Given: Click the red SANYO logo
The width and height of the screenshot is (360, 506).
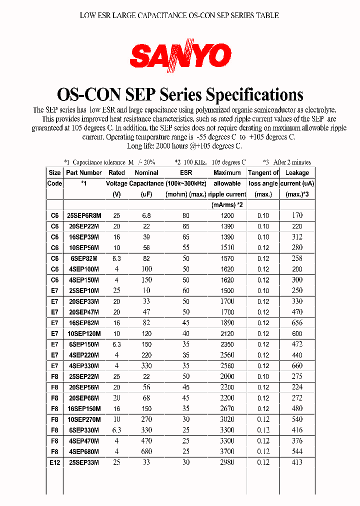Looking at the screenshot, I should point(181,55).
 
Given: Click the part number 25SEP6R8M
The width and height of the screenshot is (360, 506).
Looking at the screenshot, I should point(83,215).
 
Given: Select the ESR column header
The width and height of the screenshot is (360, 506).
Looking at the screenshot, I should point(186,172).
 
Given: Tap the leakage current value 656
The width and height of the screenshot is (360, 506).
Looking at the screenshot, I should point(297,323).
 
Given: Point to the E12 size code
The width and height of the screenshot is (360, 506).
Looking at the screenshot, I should point(54,462).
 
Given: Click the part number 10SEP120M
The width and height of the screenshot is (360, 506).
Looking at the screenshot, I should point(83,333).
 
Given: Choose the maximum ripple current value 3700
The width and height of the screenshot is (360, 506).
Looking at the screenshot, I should point(227,452).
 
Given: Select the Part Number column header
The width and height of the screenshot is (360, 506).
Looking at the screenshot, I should point(83,172).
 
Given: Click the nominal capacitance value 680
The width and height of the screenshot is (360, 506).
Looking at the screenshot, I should point(146,452).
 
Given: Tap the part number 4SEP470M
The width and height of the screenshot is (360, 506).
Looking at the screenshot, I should point(83,441).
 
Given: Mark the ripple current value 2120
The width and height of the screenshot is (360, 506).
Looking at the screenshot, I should point(227,333).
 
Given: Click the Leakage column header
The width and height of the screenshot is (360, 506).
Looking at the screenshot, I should point(297,172).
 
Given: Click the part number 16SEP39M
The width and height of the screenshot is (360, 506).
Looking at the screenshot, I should point(83,237).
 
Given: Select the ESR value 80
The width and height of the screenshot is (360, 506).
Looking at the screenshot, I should point(186,215).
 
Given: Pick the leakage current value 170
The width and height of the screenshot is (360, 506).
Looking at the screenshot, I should point(297,215).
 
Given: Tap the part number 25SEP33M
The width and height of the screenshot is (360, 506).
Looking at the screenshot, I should point(83,462).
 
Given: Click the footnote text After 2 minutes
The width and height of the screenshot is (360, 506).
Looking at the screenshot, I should point(292,162).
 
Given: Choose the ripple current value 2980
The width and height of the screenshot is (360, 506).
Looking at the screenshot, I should point(227,462).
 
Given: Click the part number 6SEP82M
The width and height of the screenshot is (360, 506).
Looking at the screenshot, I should point(83,258).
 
